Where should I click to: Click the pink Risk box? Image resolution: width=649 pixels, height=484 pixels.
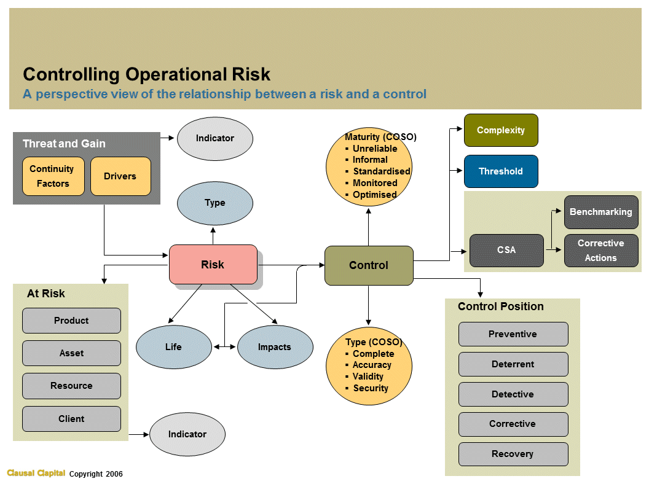pos(213,265)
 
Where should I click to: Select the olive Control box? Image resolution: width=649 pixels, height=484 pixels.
pos(369,265)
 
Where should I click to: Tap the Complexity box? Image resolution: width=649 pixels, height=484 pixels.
pos(501,130)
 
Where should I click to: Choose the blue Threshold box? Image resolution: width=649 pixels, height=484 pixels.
pos(501,171)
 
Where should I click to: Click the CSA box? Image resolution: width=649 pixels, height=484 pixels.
pos(506,250)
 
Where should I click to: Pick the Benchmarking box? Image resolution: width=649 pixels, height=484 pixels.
pos(600,212)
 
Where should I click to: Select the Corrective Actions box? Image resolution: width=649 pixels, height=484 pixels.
pos(600,251)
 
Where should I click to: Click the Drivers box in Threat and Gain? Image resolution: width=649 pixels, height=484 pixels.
pos(120,176)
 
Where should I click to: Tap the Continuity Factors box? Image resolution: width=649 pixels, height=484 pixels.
pos(53,176)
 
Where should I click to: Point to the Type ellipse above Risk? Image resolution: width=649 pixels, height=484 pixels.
pos(215,203)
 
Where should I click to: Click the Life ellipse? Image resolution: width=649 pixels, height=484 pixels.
pos(174,347)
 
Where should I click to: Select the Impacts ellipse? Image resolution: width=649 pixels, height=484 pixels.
pos(275,347)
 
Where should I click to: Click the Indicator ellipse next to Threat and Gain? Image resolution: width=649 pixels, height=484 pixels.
pos(215,138)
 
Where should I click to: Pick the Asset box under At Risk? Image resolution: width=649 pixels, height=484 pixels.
pos(71,353)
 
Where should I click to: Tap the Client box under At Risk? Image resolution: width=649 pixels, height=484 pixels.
pos(71,419)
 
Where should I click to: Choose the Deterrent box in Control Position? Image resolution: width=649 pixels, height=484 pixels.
pos(513,364)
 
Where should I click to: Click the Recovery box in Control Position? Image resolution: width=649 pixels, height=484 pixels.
pos(513,454)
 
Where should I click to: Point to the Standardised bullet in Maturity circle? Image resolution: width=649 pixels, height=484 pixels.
pos(380,171)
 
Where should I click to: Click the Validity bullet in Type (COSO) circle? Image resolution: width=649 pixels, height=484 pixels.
pos(368,377)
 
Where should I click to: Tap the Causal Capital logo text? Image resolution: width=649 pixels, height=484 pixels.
pos(36,473)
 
